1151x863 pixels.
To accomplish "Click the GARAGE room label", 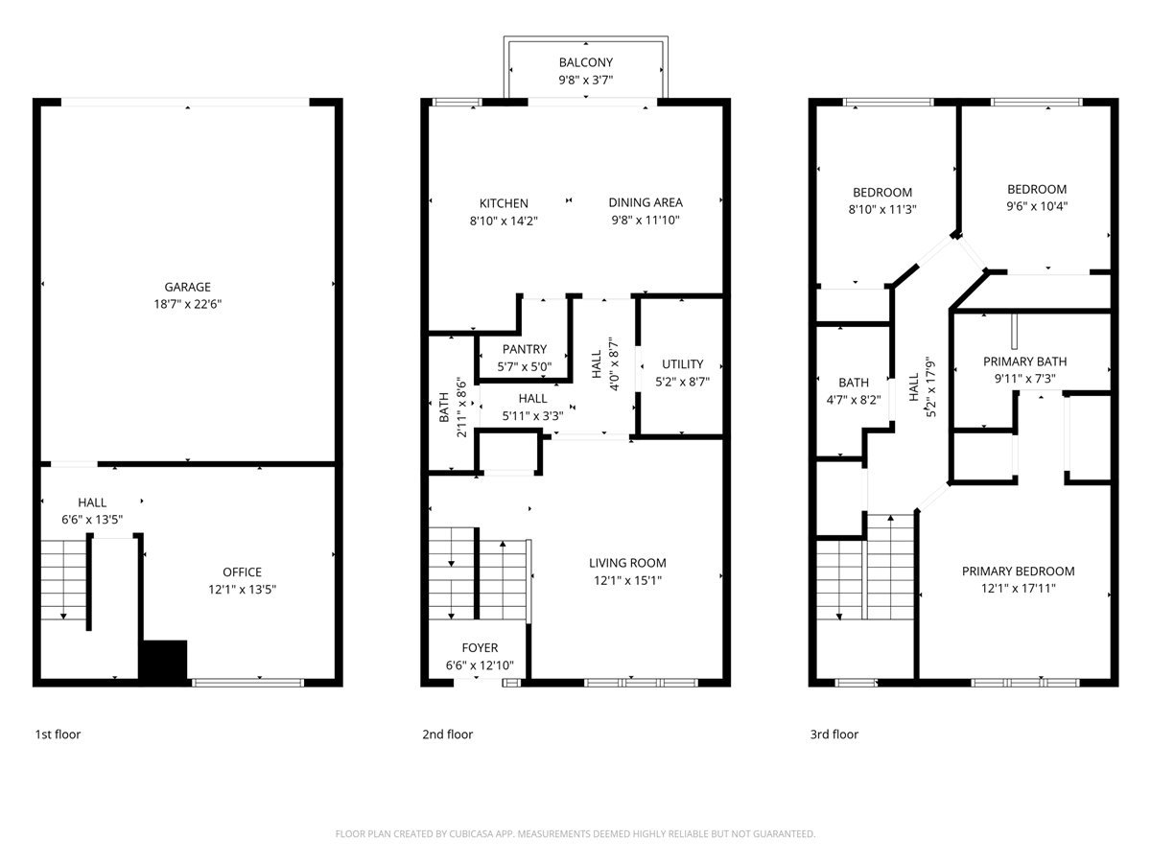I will (x=187, y=287).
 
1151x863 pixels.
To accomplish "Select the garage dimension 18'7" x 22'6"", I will (x=187, y=304).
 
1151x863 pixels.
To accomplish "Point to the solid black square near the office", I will (x=163, y=661).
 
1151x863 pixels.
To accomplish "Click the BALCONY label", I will (x=586, y=63).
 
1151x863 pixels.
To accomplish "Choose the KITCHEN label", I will (x=504, y=203).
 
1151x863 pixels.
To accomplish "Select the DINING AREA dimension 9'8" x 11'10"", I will (x=646, y=221).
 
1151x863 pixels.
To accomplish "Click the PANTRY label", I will (x=524, y=350).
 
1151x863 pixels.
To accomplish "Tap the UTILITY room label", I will (x=682, y=364).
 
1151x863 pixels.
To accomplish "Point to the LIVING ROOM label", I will (x=627, y=563).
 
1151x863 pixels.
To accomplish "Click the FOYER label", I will (x=480, y=648).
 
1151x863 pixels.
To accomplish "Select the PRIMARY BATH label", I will (x=1024, y=362).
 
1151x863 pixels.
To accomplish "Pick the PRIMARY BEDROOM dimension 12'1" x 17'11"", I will (x=1018, y=589).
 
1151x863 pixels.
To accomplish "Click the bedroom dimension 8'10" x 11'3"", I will (x=881, y=209).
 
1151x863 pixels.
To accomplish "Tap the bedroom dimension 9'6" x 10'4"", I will (x=1036, y=206).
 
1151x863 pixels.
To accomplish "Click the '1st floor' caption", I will (x=59, y=735).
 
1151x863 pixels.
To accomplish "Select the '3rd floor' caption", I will (x=834, y=735).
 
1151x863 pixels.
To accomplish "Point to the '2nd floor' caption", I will (x=447, y=735).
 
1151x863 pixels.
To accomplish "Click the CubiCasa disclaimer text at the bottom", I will (x=575, y=834).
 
